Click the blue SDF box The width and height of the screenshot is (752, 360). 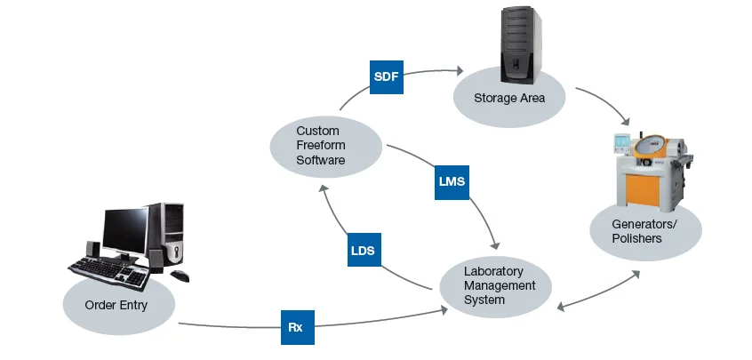(387, 77)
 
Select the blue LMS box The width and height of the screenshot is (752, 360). (452, 180)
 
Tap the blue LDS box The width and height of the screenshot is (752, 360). (363, 251)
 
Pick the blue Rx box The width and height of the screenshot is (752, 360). (296, 327)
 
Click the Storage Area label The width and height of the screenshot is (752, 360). (508, 97)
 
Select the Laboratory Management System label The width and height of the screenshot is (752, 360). (500, 285)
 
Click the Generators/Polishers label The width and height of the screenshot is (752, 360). (644, 232)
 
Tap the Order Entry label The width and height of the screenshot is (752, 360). (116, 306)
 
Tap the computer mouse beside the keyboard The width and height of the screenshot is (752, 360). (180, 276)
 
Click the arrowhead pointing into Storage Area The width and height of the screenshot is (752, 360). (460, 71)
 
